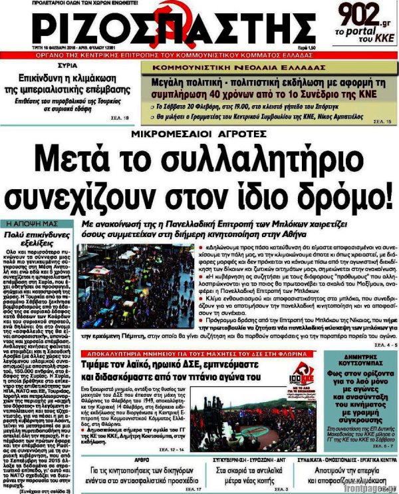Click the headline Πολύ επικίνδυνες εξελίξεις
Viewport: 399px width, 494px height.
click(x=36, y=238)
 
